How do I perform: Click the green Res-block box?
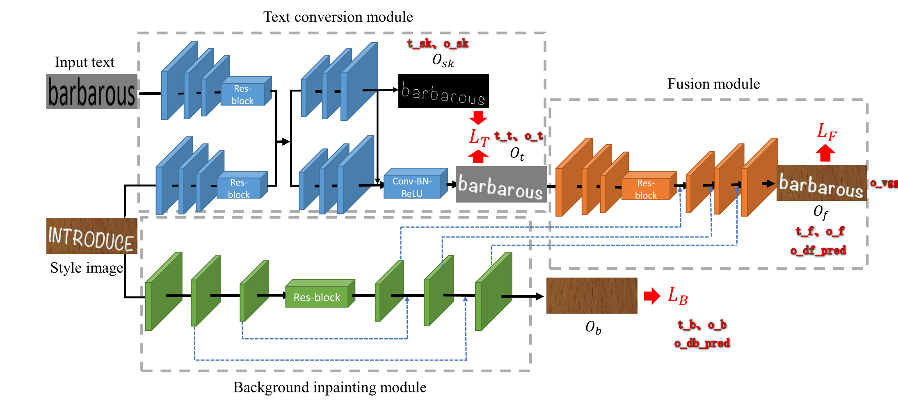[x=317, y=297]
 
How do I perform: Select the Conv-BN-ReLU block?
[x=412, y=187]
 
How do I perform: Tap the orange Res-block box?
[x=646, y=189]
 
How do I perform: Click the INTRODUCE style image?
[x=91, y=236]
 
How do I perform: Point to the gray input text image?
[x=91, y=91]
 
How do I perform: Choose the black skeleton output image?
[x=443, y=91]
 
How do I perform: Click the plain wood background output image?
[x=592, y=295]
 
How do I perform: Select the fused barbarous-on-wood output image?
[x=821, y=183]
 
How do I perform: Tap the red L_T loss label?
[x=479, y=137]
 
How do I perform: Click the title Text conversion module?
[x=338, y=17]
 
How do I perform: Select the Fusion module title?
[x=713, y=84]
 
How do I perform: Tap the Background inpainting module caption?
[x=329, y=387]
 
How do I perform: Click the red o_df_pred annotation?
[x=818, y=250]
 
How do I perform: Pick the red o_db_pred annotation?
[x=701, y=343]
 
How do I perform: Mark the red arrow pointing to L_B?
[x=651, y=296]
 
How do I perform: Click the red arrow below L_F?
[x=825, y=153]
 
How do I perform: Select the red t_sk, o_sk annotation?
[x=437, y=43]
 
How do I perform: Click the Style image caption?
[x=87, y=268]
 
